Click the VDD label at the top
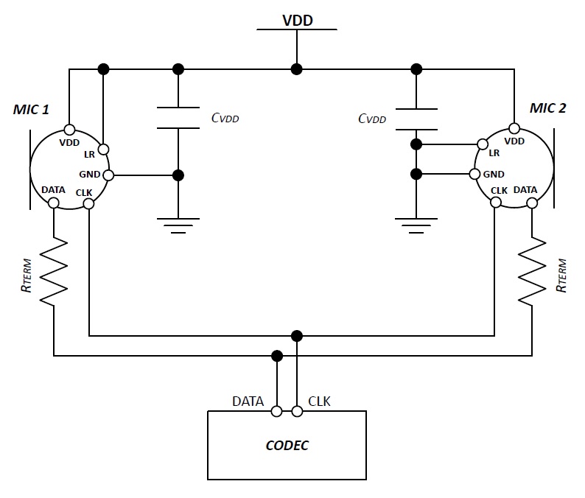click(x=298, y=20)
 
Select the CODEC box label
click(x=287, y=446)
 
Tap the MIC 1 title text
click(x=31, y=109)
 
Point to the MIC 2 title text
click(x=547, y=108)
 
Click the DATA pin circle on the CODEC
click(x=277, y=411)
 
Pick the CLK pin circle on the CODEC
click(x=297, y=411)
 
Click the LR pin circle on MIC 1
click(x=104, y=150)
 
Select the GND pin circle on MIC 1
click(x=108, y=175)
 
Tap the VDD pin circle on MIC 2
click(x=514, y=129)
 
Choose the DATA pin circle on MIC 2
click(x=532, y=203)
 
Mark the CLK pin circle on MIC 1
click(x=88, y=203)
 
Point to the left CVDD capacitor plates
click(x=178, y=118)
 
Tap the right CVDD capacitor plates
click(x=416, y=119)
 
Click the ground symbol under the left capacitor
click(x=178, y=225)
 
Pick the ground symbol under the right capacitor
click(x=416, y=225)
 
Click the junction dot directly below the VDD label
click(x=297, y=69)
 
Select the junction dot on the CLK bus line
click(x=297, y=336)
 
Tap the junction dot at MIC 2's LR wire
click(x=416, y=144)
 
